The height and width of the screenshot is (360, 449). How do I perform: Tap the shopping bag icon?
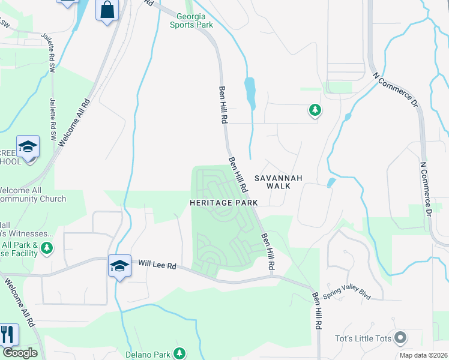point(107,10)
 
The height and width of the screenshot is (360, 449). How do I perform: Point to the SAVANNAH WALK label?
point(273,182)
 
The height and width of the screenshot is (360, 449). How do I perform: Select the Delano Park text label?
point(148,353)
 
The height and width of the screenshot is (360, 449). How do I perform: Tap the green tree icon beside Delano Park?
point(178,353)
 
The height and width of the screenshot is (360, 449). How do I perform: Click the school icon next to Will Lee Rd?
point(119,266)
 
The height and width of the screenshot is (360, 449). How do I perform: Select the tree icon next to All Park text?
point(47,247)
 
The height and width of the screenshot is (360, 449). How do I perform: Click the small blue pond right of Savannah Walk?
point(331,182)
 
